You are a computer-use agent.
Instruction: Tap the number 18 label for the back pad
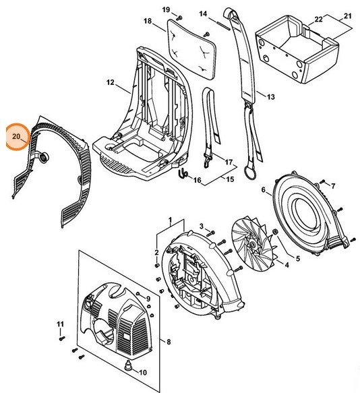click(x=148, y=22)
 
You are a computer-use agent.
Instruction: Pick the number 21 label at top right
click(x=348, y=14)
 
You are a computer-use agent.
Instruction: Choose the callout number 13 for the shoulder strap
click(x=270, y=97)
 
